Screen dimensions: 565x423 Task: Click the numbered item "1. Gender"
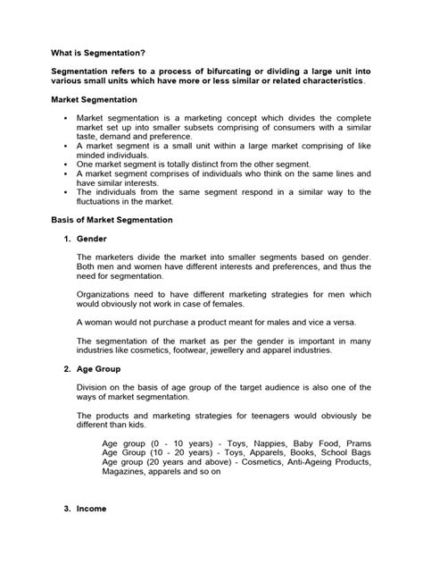coord(87,240)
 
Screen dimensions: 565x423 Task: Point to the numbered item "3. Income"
coord(87,508)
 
